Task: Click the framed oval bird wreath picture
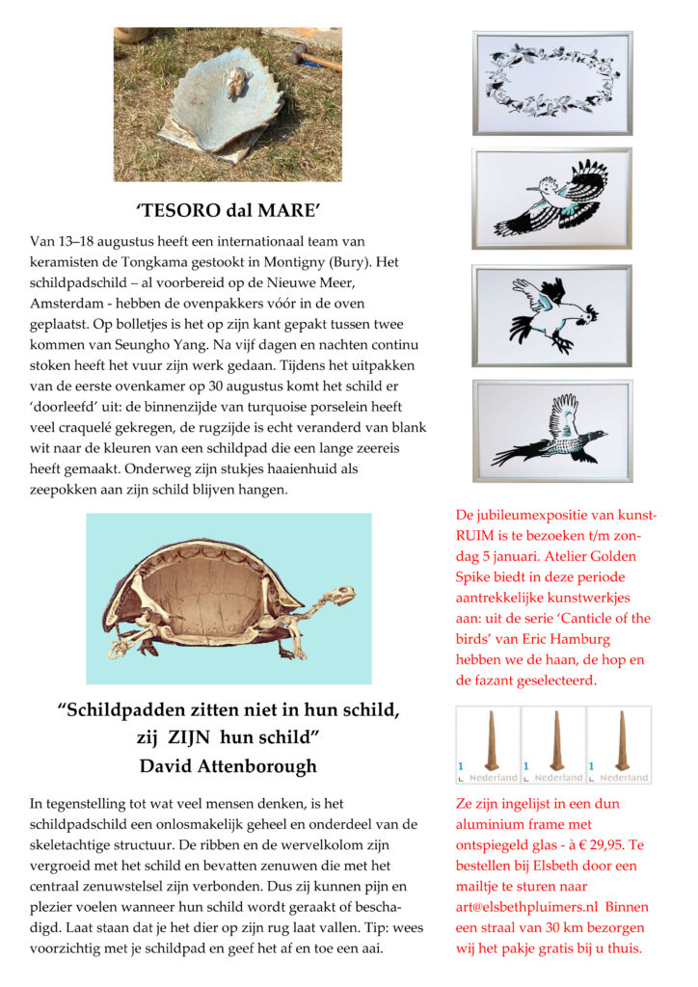pos(552,83)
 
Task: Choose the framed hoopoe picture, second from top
pos(552,199)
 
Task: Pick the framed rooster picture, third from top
pos(552,316)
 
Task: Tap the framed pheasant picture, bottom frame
pos(552,430)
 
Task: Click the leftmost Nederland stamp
pos(488,745)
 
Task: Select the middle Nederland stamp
pos(553,745)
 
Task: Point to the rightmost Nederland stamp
pos(618,745)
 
